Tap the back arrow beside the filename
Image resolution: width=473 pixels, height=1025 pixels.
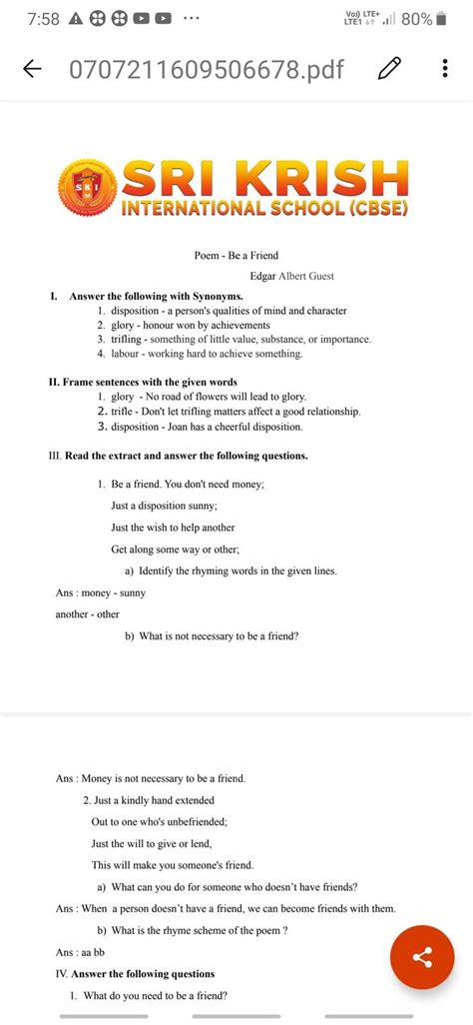pos(32,69)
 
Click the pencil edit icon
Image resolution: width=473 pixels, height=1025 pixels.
pos(390,69)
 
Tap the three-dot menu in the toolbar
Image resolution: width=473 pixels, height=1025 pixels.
pos(444,69)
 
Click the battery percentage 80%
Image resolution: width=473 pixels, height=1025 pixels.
pos(417,19)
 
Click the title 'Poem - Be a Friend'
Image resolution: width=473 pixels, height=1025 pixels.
pos(236,256)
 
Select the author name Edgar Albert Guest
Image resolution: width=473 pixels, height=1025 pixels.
pos(291,276)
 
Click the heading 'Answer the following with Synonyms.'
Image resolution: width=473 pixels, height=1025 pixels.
pos(156,297)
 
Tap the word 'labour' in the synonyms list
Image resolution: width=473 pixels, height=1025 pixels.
pos(125,354)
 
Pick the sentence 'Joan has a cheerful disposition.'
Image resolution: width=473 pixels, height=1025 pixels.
pos(246,427)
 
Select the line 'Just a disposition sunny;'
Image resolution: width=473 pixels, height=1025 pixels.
pos(170,506)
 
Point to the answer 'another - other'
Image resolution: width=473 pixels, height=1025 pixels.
pos(87,614)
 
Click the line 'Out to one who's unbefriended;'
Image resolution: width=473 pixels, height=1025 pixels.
pos(160,822)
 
